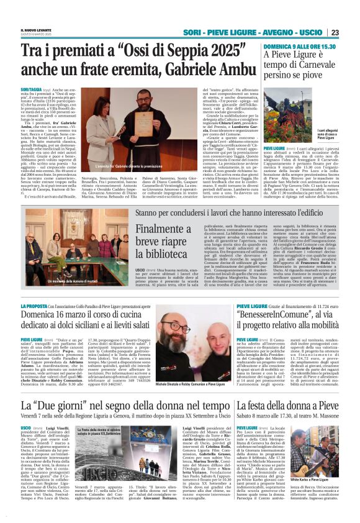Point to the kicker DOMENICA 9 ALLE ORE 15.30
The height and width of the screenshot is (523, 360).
click(300, 47)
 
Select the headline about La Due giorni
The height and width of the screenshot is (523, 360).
click(124, 406)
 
